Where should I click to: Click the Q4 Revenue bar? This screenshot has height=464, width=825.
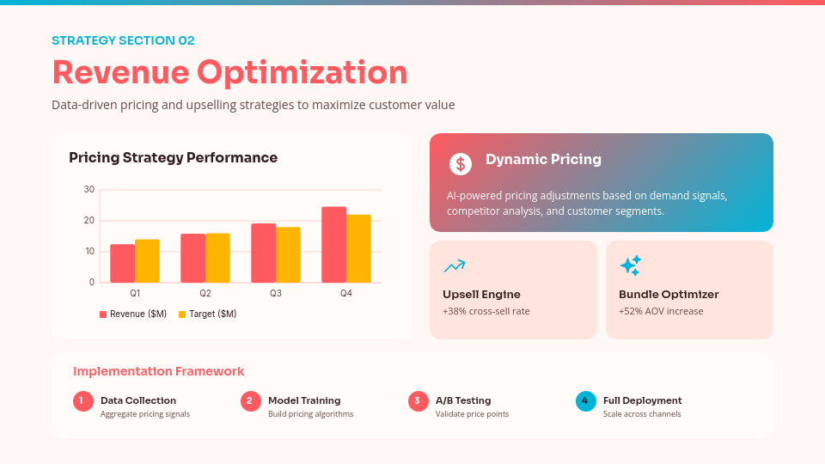[333, 245]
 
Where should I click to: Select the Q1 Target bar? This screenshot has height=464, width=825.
[147, 261]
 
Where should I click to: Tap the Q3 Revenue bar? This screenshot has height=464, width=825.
[263, 253]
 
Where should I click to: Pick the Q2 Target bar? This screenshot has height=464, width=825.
[217, 258]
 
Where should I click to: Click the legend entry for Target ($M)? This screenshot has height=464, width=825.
[207, 314]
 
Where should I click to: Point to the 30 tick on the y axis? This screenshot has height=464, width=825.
[89, 189]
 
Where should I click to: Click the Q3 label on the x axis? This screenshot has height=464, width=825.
[275, 294]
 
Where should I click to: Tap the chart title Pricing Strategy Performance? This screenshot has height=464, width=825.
[173, 158]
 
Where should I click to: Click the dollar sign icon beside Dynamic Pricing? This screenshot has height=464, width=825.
[461, 163]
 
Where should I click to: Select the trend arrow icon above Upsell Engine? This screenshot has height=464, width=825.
[455, 266]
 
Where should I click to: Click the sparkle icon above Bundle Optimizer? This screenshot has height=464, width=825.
[631, 266]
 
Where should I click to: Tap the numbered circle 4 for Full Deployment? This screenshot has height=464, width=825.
[585, 400]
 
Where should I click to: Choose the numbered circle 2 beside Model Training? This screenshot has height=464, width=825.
[250, 400]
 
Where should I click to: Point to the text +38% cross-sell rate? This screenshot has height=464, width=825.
[486, 311]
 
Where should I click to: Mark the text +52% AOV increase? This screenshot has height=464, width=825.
[661, 311]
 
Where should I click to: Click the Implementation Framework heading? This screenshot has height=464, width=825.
[158, 371]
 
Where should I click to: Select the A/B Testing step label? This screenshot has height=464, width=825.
[463, 400]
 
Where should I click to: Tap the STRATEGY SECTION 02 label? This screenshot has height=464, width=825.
[123, 40]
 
